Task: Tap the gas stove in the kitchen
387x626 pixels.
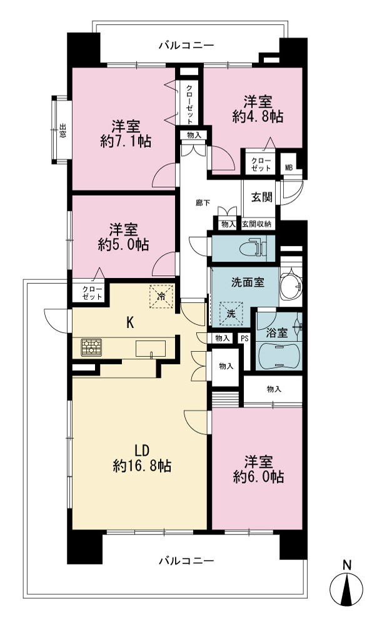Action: [x=91, y=347]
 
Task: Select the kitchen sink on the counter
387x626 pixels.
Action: [x=151, y=348]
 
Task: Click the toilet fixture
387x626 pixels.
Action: [x=253, y=248]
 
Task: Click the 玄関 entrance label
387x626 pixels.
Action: [x=262, y=197]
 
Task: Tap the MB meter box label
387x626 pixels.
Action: [x=289, y=168]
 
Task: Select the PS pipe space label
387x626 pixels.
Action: [x=244, y=339]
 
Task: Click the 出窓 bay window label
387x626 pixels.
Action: [x=63, y=131]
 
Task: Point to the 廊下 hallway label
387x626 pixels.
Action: [x=203, y=203]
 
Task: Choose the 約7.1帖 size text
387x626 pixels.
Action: [x=126, y=141]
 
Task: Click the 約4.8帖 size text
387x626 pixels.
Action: [x=258, y=116]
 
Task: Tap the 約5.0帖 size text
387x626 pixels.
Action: [x=124, y=244]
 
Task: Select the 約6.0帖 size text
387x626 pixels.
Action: [x=258, y=476]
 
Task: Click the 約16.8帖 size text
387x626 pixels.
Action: [x=142, y=466]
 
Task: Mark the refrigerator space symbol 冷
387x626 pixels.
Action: [x=161, y=296]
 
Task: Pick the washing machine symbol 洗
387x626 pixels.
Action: [x=231, y=313]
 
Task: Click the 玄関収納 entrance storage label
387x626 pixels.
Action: [x=257, y=224]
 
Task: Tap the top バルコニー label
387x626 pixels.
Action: [x=186, y=45]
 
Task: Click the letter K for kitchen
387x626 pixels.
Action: [x=130, y=322]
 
